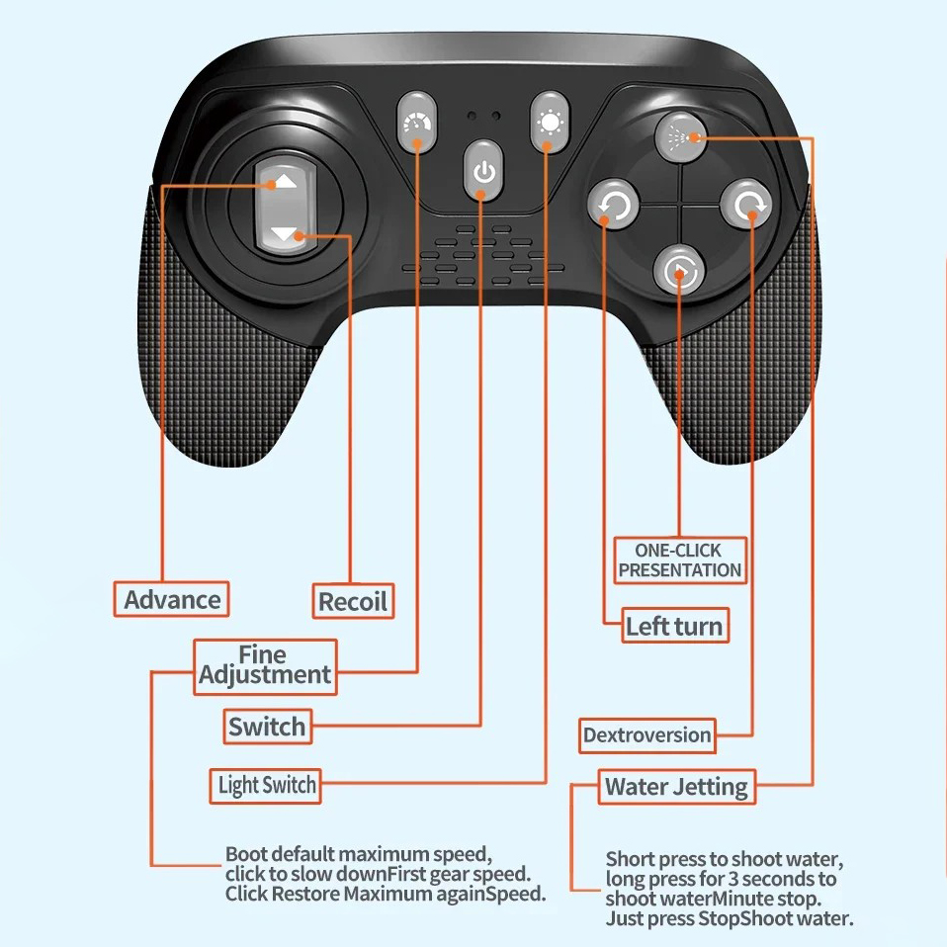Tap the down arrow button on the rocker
click(x=284, y=234)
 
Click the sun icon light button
click(x=548, y=124)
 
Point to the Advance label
click(x=172, y=599)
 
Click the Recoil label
click(x=353, y=600)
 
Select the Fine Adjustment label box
click(x=264, y=666)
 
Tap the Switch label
click(x=267, y=728)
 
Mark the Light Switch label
click(x=267, y=786)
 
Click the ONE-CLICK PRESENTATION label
click(x=679, y=560)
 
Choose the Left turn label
click(x=674, y=626)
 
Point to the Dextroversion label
click(x=646, y=735)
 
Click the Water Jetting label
click(x=676, y=787)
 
